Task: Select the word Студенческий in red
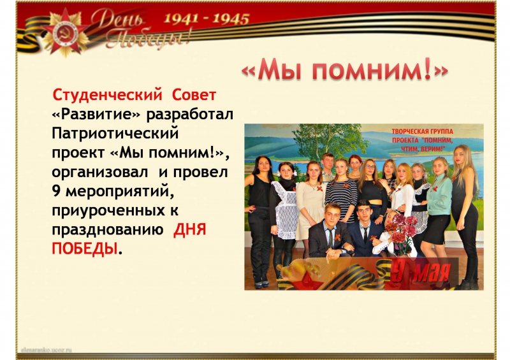(107, 96)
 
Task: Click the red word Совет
(194, 95)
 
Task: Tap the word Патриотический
(115, 134)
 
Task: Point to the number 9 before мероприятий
(56, 192)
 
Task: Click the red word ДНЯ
(190, 229)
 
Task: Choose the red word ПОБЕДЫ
(85, 249)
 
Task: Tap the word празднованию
(107, 230)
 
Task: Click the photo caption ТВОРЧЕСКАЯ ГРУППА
(422, 132)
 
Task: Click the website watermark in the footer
(46, 350)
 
